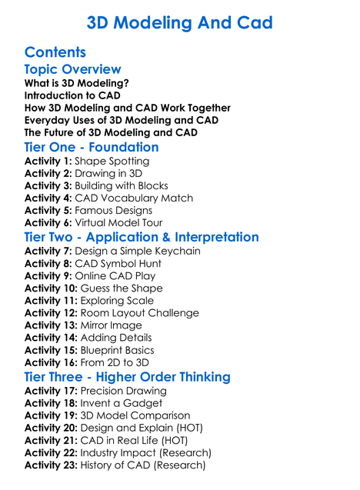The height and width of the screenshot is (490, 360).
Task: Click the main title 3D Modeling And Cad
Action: click(x=179, y=23)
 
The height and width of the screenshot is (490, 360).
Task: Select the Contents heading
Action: click(x=55, y=52)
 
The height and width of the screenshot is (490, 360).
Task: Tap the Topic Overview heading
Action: click(x=72, y=70)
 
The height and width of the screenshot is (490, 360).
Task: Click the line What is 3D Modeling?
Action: click(x=76, y=83)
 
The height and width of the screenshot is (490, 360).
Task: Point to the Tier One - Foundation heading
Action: click(x=92, y=147)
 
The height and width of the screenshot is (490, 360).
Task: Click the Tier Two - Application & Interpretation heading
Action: click(x=142, y=237)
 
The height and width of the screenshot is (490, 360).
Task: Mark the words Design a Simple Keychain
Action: click(x=138, y=252)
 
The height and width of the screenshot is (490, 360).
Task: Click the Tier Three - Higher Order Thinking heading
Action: click(x=127, y=377)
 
